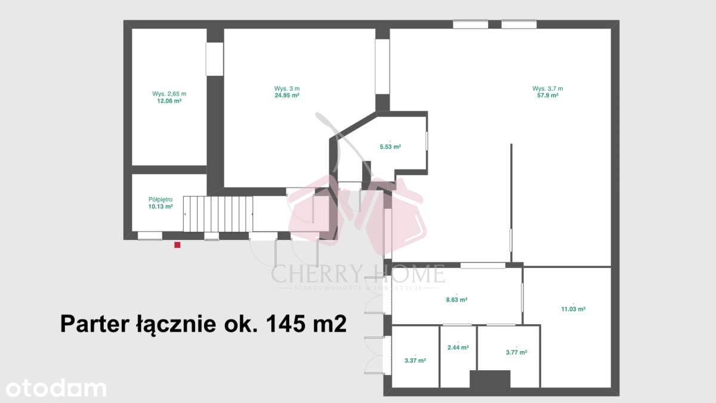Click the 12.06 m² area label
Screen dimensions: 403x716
(169, 101)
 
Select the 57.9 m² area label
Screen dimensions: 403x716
(547, 96)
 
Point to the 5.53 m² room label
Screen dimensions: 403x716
(390, 147)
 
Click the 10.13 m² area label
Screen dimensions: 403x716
(161, 207)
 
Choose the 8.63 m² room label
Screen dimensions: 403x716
(456, 300)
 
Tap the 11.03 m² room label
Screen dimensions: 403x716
(573, 309)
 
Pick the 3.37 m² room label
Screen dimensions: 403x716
(415, 361)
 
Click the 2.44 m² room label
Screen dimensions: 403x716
(458, 347)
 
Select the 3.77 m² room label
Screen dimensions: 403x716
(516, 352)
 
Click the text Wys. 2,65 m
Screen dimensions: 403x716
(169, 94)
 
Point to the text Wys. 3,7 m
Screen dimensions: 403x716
(547, 88)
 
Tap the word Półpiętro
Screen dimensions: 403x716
(161, 199)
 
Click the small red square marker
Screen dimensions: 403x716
(177, 244)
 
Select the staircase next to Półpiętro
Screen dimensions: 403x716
(218, 214)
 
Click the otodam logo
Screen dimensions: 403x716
(54, 388)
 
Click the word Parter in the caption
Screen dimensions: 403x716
(90, 324)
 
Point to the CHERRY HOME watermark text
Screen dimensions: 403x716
(358, 274)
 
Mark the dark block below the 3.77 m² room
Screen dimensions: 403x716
(490, 380)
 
